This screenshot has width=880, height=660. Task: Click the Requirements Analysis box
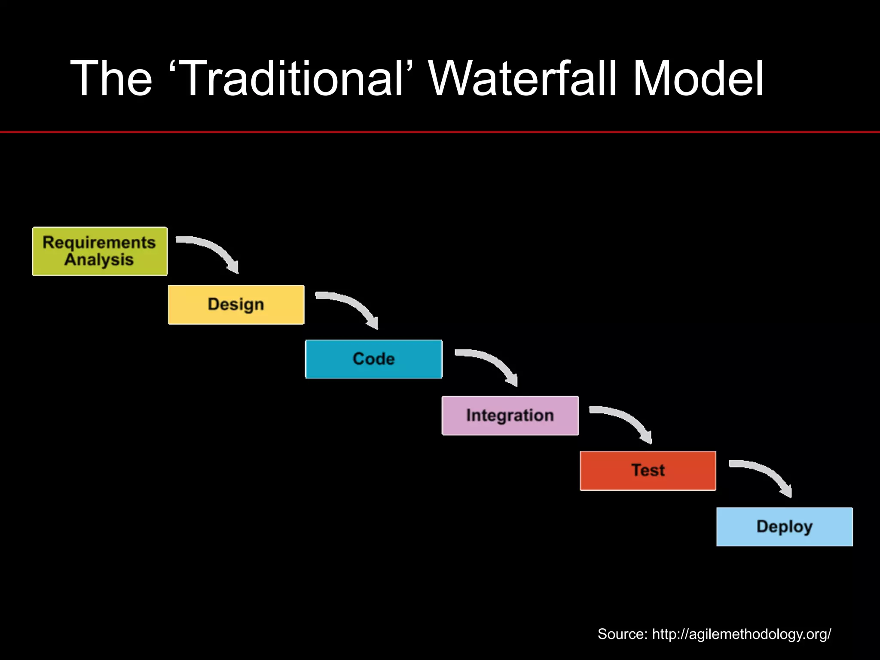pos(100,251)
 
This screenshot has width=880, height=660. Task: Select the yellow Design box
pos(236,305)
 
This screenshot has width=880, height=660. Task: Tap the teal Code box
pos(373,359)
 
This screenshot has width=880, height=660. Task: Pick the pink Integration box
pos(510,416)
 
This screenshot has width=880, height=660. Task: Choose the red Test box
pos(648,471)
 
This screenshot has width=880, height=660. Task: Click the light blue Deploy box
pos(784,527)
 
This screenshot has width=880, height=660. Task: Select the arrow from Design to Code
pos(352,305)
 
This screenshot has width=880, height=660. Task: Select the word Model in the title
pos(698,79)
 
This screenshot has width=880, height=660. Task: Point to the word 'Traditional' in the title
pos(291,79)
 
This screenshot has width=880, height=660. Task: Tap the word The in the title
pos(111,79)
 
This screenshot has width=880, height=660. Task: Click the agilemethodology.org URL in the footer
pos(741,634)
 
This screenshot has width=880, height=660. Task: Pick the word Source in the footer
pos(621,634)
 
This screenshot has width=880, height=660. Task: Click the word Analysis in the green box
pos(99,260)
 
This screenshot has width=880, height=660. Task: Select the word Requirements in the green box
pos(99,243)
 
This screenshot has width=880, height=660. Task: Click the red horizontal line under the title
pos(440,132)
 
